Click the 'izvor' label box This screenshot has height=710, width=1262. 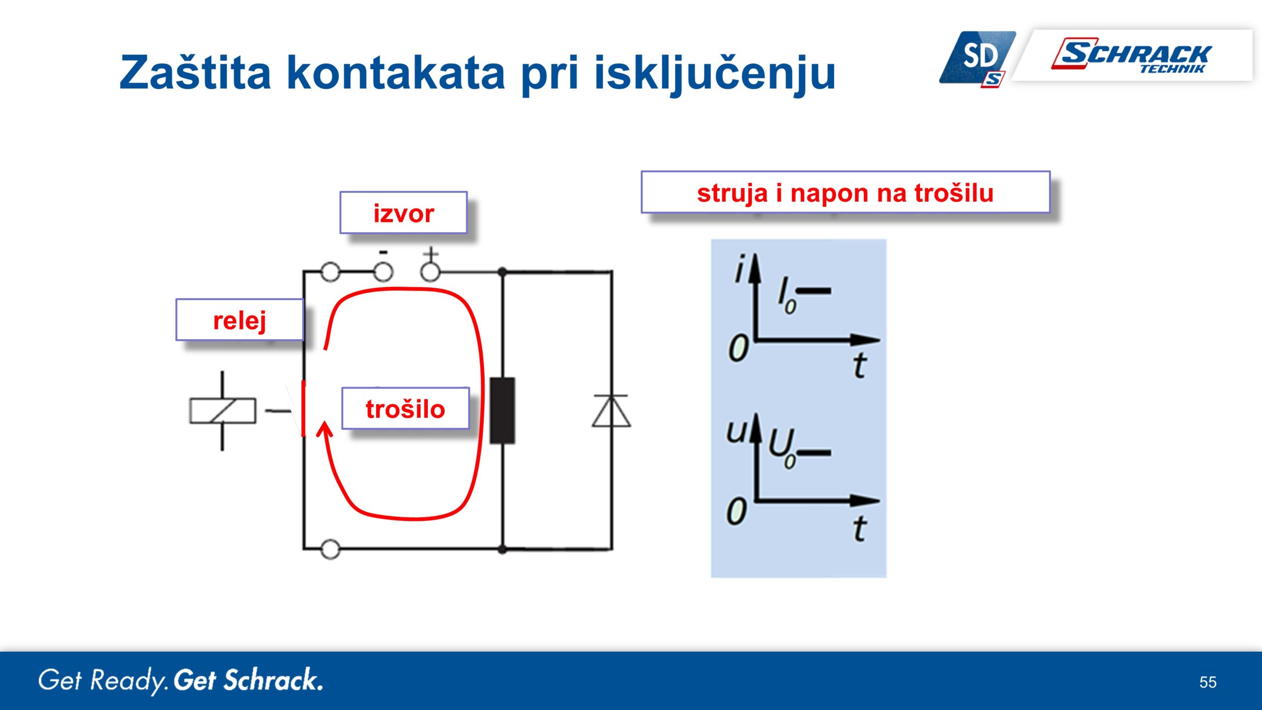point(403,213)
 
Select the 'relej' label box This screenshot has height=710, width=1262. point(240,319)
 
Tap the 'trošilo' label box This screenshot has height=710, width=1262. point(405,408)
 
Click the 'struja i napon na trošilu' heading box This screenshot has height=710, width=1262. point(845,192)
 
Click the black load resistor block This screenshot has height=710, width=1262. point(502,411)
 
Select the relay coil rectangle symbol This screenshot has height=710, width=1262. point(223,411)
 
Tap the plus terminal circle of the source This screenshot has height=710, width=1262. point(430,271)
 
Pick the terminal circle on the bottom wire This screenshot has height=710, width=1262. point(330,549)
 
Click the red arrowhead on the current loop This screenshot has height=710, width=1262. point(324,429)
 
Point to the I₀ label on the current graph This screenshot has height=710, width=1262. point(787,296)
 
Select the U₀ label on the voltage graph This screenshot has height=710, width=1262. point(782,448)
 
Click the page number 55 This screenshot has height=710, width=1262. point(1208,682)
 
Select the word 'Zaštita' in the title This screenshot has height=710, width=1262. point(195,72)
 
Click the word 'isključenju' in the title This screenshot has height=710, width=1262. point(715,74)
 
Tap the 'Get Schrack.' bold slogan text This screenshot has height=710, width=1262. point(248,680)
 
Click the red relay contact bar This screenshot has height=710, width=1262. point(303,408)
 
